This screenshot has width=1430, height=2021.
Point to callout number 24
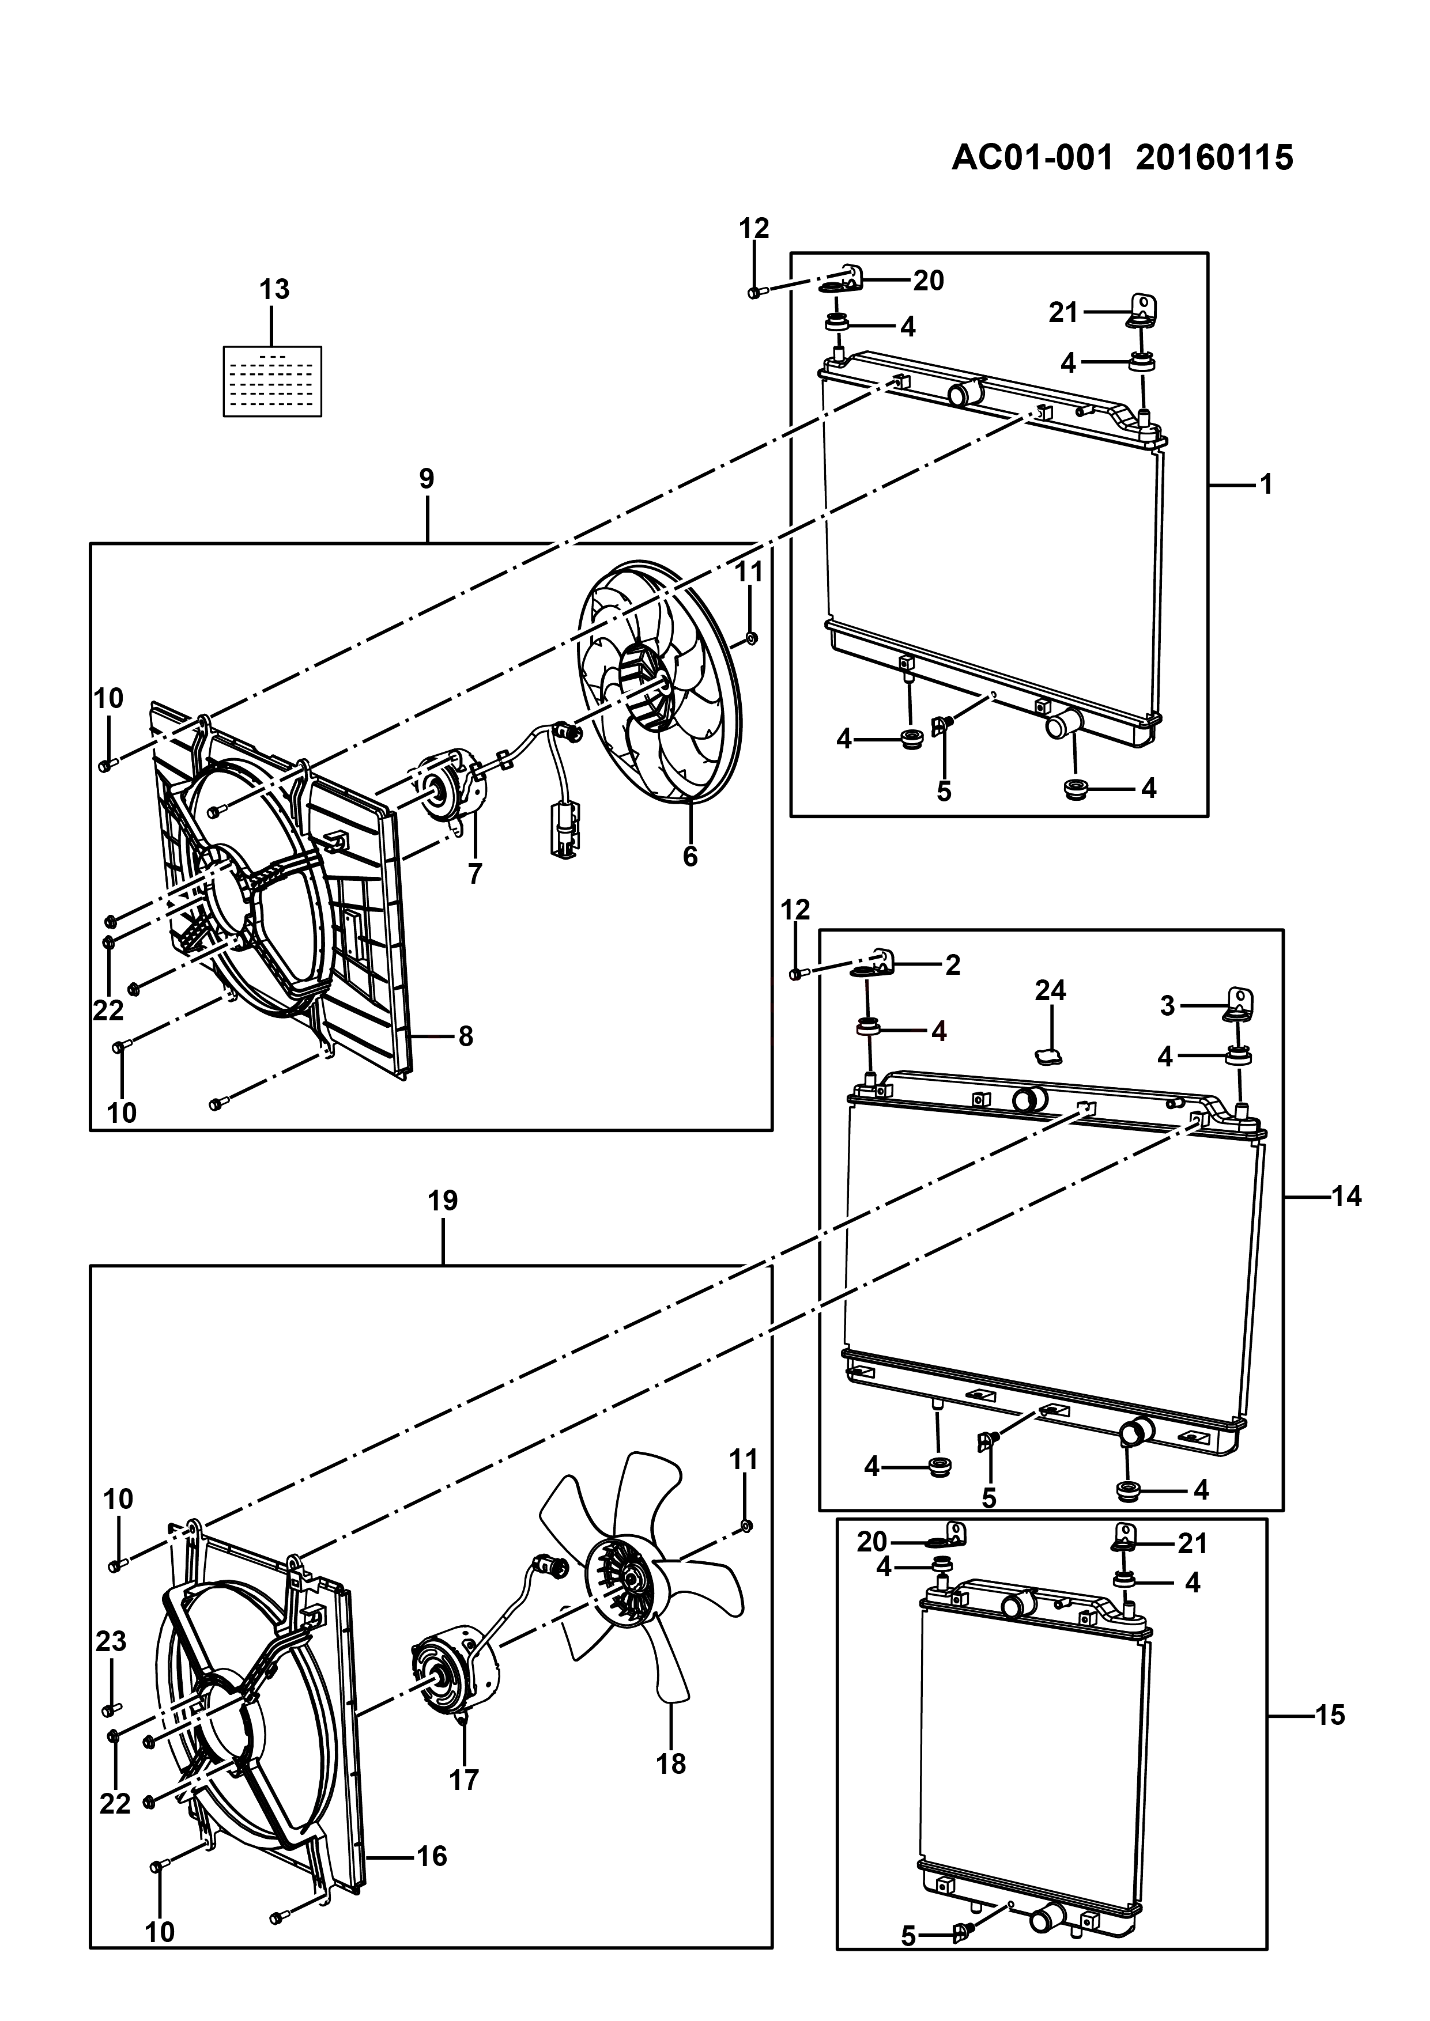[x=1051, y=991]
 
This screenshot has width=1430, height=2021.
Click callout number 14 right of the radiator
[x=1346, y=1196]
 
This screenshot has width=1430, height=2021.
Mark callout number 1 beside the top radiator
[x=1266, y=484]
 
